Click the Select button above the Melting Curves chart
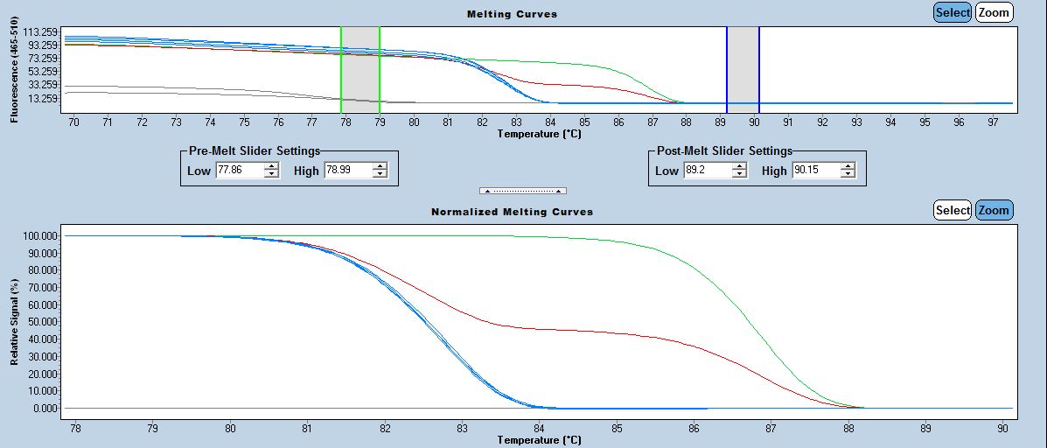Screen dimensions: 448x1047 click(952, 12)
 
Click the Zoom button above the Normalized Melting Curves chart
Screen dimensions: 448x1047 click(994, 210)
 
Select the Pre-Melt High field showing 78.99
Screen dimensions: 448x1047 click(347, 171)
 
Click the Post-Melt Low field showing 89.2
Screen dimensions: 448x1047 click(706, 171)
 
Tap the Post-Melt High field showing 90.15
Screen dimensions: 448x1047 click(815, 171)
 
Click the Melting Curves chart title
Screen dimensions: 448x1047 click(512, 14)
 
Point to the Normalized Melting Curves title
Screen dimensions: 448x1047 click(512, 212)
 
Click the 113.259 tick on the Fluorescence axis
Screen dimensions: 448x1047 click(41, 32)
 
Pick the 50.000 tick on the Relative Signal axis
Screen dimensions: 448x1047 click(42, 322)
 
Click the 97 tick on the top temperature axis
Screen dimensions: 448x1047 click(992, 122)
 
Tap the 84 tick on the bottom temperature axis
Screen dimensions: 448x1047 click(540, 429)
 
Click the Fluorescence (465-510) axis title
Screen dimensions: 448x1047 click(15, 75)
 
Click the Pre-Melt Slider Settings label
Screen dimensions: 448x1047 click(255, 150)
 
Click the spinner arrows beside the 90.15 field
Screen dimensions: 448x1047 click(848, 171)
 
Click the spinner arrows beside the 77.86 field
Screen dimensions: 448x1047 click(272, 171)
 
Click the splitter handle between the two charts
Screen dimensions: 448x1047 click(523, 191)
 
